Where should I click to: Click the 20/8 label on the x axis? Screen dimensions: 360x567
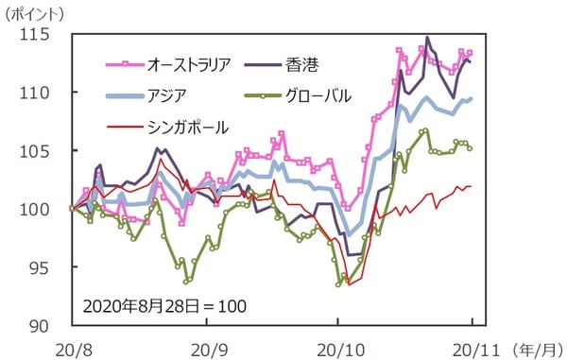(72, 346)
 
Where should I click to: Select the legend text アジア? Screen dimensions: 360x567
(166, 94)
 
